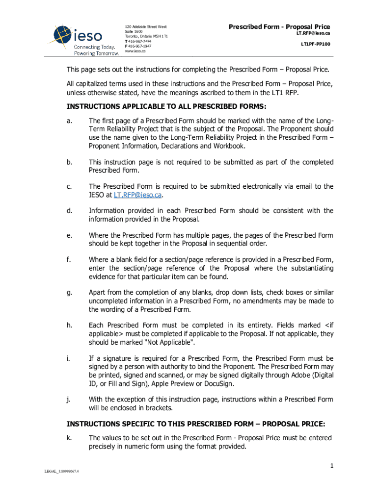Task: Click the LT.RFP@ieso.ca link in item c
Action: pos(137,195)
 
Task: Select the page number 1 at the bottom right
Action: pos(332,466)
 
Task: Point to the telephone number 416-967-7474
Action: pos(139,41)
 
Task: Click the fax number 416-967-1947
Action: pos(139,46)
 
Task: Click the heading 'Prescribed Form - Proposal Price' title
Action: pos(279,26)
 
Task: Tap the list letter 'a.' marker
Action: pos(70,121)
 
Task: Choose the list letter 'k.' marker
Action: pos(70,437)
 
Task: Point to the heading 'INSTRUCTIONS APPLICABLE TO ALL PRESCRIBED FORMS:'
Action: pos(167,107)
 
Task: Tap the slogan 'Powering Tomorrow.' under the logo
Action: pos(96,53)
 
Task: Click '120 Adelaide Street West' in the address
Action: pos(146,26)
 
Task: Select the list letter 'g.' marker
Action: pos(70,293)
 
